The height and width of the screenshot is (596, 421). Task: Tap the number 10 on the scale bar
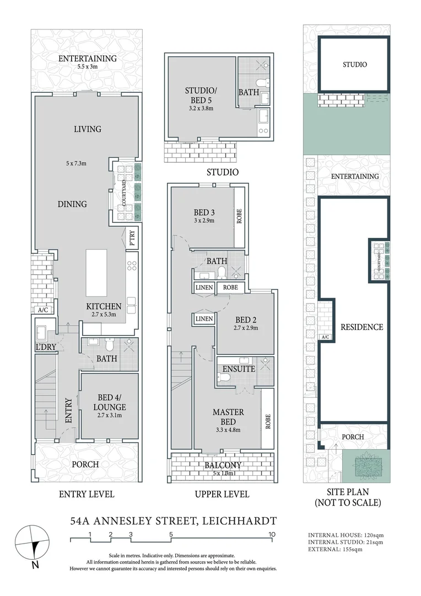point(272,534)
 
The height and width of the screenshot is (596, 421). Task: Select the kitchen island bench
point(96,273)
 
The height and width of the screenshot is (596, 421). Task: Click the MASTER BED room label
point(228,417)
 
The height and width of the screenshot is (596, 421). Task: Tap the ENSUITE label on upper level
point(239,369)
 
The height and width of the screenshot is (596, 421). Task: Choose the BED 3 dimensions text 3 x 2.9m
point(204,221)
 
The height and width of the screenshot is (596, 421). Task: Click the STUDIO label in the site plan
point(354,65)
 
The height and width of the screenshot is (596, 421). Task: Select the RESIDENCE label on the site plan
point(361,327)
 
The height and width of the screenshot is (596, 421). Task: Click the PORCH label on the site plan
point(353,437)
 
